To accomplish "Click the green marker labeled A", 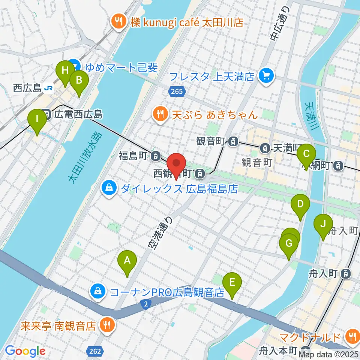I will (x=127, y=260).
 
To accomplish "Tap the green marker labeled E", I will (x=232, y=282).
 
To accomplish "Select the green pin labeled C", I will (x=306, y=154).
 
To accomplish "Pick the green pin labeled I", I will (x=37, y=119).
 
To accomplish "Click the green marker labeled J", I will (x=323, y=224).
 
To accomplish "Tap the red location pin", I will (x=176, y=163).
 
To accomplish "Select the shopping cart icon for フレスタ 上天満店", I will (x=267, y=77).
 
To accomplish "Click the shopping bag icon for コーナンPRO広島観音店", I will (x=97, y=291).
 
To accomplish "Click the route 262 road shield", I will (x=95, y=351).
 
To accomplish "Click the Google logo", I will (x=25, y=351).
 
